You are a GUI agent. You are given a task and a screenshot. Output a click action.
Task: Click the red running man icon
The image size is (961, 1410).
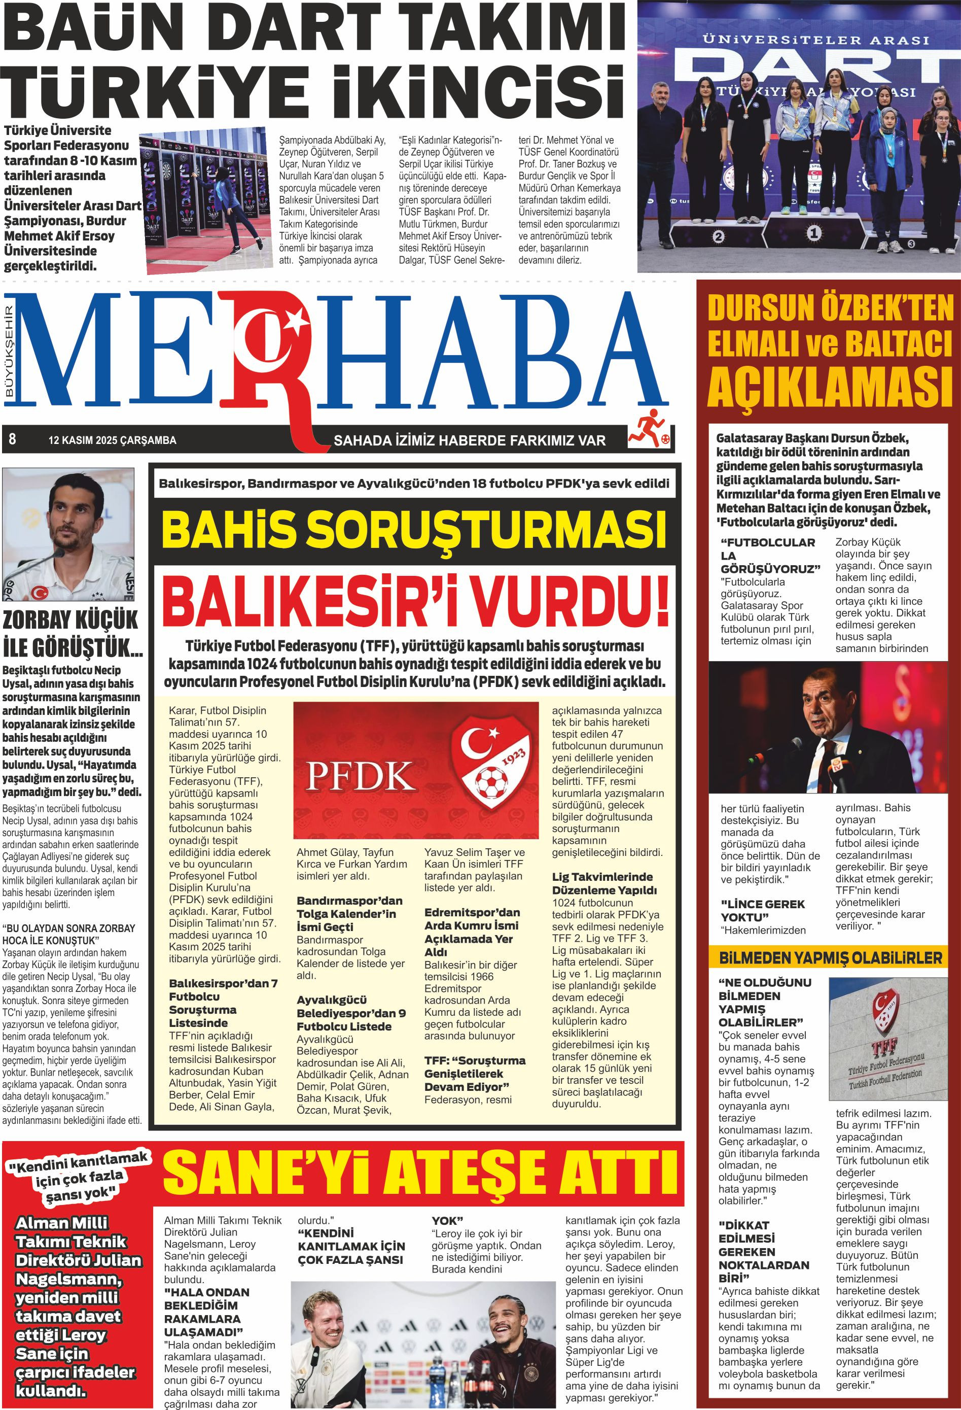648,428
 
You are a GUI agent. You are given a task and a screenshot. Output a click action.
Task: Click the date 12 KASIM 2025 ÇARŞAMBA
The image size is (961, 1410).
112,440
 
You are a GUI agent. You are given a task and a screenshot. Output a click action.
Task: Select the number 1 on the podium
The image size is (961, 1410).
814,232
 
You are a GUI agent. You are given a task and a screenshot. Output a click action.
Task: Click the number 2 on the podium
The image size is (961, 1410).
719,236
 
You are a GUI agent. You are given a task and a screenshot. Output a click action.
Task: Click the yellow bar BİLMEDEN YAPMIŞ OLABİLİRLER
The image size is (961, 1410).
830,958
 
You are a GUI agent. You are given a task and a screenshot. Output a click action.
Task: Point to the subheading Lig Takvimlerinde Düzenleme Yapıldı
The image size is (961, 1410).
602,883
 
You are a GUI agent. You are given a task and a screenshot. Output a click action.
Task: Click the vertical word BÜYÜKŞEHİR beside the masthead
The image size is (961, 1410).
9,353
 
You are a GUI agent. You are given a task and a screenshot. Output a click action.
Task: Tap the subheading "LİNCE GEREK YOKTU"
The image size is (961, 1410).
762,911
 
